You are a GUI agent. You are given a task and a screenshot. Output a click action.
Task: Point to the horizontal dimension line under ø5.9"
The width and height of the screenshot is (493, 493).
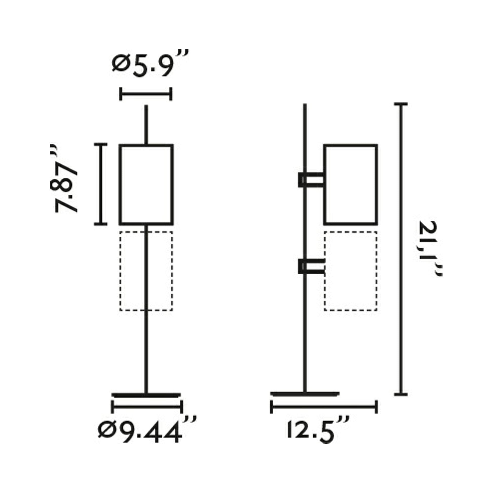[x=146, y=94]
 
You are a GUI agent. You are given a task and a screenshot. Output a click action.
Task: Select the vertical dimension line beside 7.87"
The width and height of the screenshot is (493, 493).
[x=101, y=184]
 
